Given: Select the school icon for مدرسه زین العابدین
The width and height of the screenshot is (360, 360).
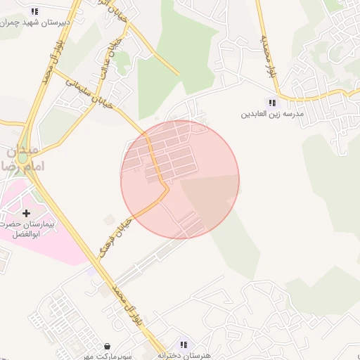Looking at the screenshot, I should tap(272, 103).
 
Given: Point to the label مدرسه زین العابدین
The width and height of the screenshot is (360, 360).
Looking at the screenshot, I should tap(272, 113).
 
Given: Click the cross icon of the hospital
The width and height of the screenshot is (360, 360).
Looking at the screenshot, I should tap(27, 212).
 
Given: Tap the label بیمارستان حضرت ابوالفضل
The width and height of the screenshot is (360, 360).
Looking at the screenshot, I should tap(28, 229).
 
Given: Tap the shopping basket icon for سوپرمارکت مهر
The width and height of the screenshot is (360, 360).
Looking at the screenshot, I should tap(107, 346).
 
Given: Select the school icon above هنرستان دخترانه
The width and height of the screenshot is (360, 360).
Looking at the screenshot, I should tap(184, 345).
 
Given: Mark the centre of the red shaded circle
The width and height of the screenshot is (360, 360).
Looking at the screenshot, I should tap(180, 179).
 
